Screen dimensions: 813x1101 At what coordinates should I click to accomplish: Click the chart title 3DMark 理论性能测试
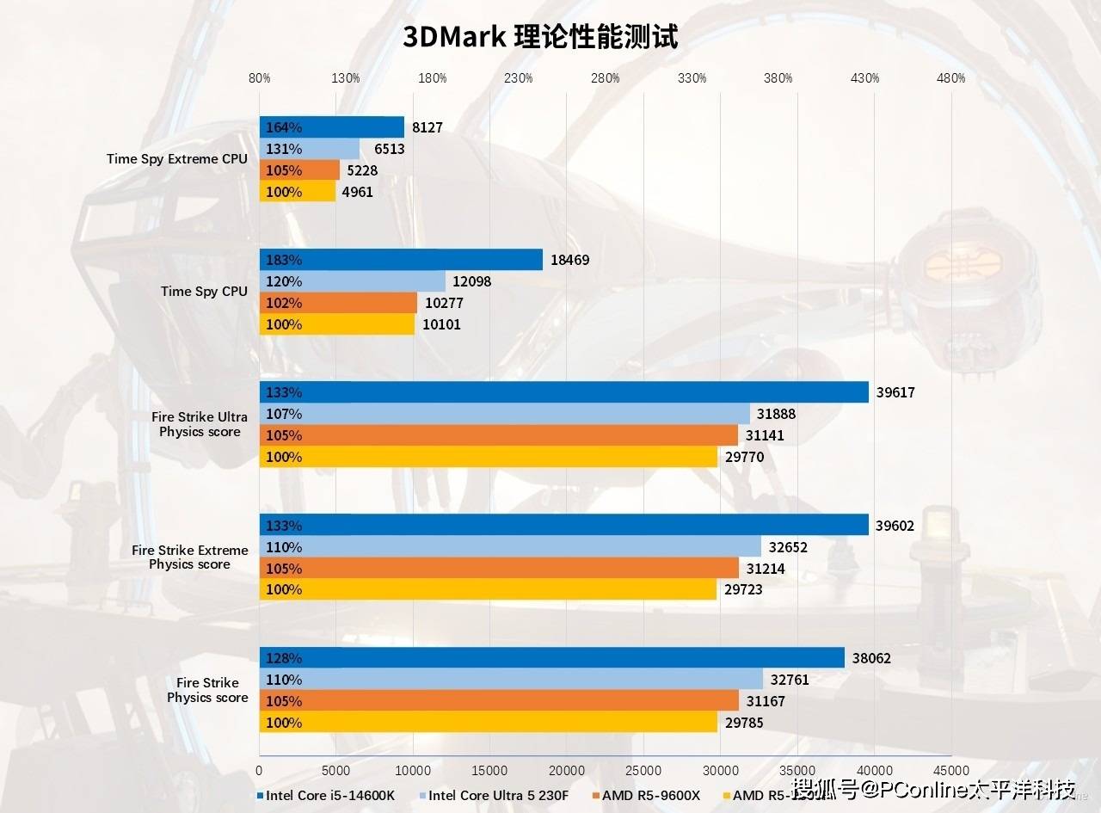540,37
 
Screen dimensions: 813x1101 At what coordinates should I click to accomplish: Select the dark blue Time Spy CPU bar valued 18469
401,260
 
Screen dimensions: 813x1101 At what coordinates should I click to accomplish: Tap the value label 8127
427,127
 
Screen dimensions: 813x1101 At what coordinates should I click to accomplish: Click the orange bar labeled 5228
299,170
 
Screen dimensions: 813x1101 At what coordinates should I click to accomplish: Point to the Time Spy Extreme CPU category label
177,158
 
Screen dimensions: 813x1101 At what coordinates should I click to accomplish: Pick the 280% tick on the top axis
606,78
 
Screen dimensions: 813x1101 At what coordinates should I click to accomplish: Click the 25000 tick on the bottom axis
643,770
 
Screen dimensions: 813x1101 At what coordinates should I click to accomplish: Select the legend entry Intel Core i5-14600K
331,795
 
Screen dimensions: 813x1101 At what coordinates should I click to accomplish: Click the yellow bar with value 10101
336,324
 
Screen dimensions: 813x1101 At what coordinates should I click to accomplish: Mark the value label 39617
895,392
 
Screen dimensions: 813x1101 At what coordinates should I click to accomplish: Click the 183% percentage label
284,260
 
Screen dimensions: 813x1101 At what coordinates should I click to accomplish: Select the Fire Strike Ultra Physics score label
200,424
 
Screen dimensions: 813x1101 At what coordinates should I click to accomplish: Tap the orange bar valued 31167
499,701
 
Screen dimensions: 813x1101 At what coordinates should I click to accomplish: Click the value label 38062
871,659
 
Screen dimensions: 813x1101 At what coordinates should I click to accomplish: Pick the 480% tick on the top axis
950,78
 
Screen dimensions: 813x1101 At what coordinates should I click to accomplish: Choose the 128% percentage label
284,659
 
